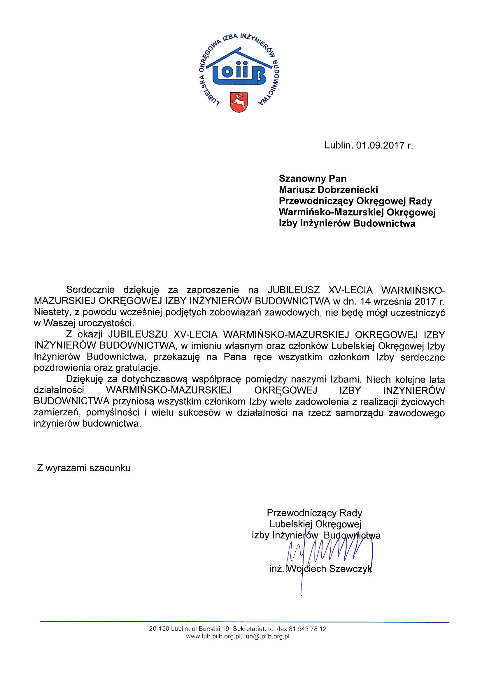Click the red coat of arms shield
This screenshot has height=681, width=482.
pos(239,102)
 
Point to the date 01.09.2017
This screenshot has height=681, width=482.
pos(381,145)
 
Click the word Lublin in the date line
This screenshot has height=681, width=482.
pos(338,145)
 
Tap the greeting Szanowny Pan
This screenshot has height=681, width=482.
pos(312,179)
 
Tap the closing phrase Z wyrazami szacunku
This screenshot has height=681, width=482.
pos(84,468)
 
